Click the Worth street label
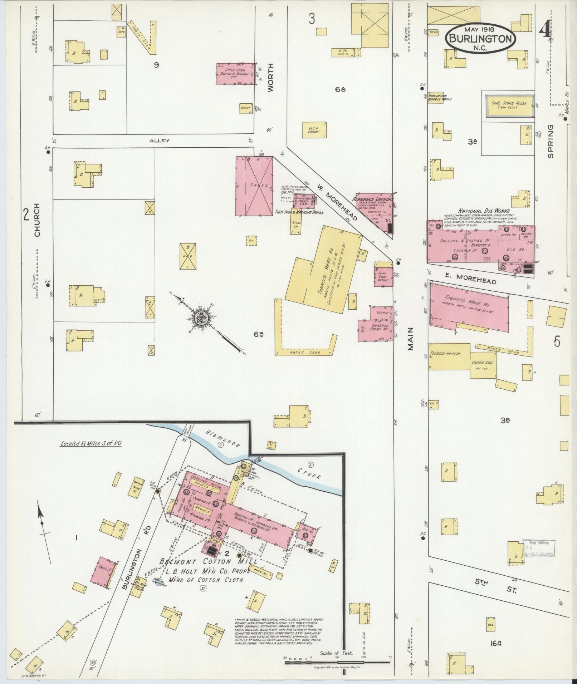click(270, 78)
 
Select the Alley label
click(160, 141)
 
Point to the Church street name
click(37, 220)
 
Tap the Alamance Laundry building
click(373, 205)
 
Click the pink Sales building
click(254, 186)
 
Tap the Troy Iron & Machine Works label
click(299, 212)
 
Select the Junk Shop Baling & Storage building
click(235, 74)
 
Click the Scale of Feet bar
click(337, 662)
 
